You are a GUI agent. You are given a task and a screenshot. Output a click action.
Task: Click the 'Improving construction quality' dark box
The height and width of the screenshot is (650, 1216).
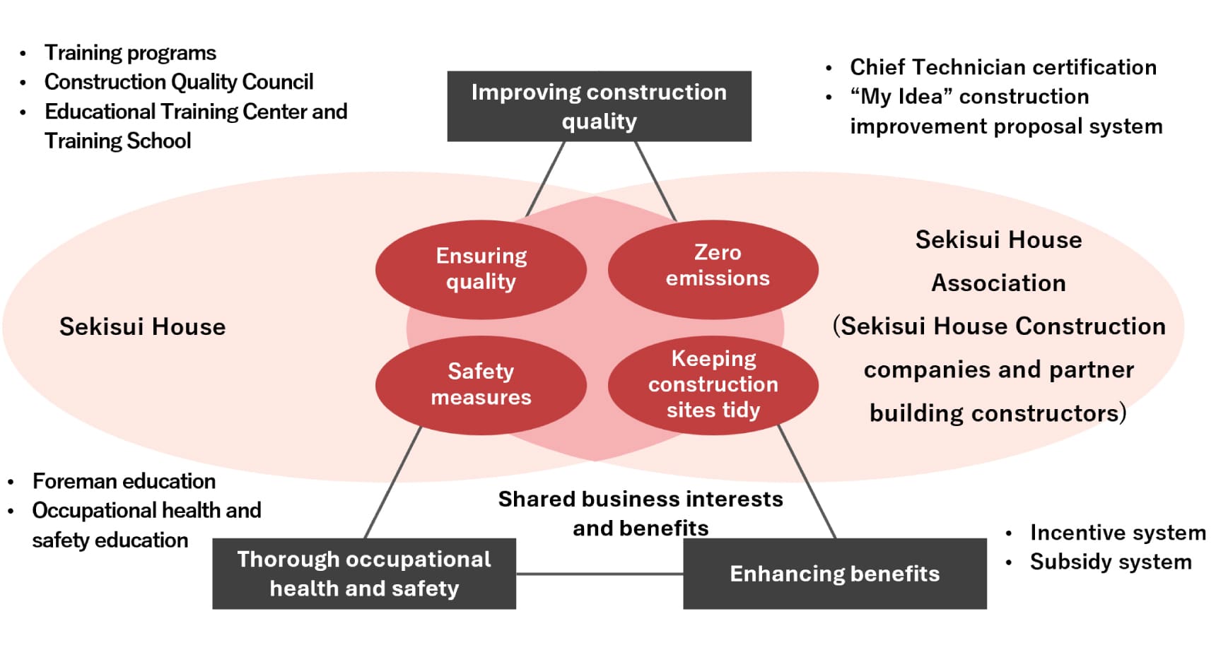pyautogui.click(x=599, y=106)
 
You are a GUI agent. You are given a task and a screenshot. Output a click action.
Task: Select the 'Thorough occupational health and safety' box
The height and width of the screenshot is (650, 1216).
pyautogui.click(x=364, y=574)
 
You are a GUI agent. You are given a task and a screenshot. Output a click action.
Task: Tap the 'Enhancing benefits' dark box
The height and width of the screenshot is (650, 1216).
pyautogui.click(x=834, y=574)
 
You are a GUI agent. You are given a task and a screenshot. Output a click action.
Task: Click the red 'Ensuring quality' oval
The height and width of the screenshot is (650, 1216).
pyautogui.click(x=481, y=268)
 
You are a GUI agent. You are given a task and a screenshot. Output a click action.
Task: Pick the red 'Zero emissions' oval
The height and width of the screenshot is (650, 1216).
pyautogui.click(x=713, y=267)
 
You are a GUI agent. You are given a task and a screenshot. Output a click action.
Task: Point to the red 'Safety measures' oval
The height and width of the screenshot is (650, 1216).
pyautogui.click(x=481, y=384)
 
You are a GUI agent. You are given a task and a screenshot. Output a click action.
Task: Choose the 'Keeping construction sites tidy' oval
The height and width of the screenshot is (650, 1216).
pyautogui.click(x=713, y=384)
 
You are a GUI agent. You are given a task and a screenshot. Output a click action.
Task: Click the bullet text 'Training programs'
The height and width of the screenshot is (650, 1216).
pyautogui.click(x=130, y=53)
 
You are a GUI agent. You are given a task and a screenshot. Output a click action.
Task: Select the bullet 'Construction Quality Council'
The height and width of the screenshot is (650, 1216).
pyautogui.click(x=179, y=82)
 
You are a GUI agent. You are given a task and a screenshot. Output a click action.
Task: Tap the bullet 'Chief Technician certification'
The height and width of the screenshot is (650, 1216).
pyautogui.click(x=1002, y=67)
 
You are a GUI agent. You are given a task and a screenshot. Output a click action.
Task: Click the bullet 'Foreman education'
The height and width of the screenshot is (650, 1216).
pyautogui.click(x=124, y=481)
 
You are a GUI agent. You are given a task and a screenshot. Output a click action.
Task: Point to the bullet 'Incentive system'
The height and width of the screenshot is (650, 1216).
pyautogui.click(x=1117, y=533)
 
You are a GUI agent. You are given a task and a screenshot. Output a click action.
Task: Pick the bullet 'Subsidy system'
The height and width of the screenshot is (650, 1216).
pyautogui.click(x=1110, y=562)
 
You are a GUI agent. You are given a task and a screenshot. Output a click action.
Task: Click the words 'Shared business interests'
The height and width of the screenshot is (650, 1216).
pyautogui.click(x=641, y=500)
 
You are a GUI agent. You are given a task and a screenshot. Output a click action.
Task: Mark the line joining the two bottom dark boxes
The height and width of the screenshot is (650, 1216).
pyautogui.click(x=600, y=574)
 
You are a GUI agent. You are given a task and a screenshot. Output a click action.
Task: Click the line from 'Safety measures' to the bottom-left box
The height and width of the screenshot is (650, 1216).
pyautogui.click(x=393, y=483)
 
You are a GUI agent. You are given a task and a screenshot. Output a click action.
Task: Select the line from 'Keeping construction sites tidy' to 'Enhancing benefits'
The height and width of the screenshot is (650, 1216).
pyautogui.click(x=807, y=483)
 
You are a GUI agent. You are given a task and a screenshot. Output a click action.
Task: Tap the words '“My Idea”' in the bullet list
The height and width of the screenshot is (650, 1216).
pyautogui.click(x=896, y=97)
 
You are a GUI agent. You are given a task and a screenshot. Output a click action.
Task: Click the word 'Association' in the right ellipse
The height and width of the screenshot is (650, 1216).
pyautogui.click(x=998, y=283)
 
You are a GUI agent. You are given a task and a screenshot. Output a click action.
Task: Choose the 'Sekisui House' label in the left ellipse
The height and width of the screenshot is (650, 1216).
pyautogui.click(x=142, y=327)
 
